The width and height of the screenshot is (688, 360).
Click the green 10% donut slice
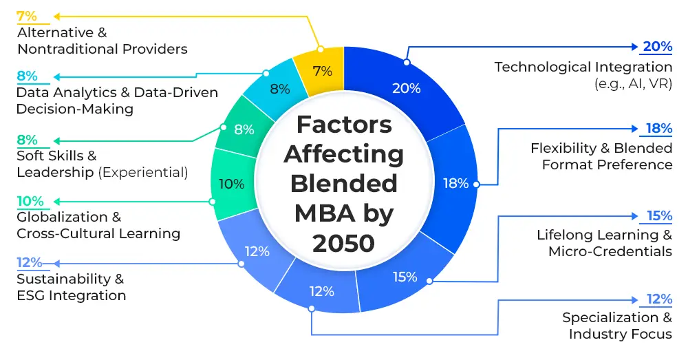230,184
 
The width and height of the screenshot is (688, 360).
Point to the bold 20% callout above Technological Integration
657,47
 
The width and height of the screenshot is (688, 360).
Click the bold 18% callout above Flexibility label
658,129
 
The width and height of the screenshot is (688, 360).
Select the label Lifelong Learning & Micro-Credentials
604,243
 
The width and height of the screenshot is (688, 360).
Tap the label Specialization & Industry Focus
616,326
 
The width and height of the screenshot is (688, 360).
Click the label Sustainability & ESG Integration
71,287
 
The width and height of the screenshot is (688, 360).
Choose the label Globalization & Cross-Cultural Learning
98,225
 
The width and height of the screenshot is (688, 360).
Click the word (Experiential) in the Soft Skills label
144,172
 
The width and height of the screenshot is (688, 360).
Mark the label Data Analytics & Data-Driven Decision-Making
117,100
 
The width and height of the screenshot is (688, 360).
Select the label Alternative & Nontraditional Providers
102,41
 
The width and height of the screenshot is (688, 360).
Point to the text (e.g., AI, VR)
633,83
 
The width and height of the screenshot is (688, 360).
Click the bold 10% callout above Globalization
30,201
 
